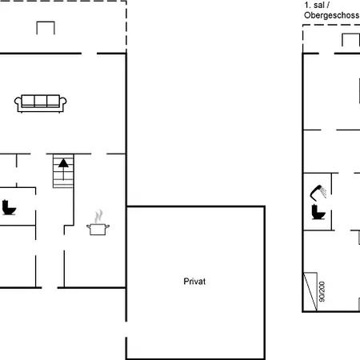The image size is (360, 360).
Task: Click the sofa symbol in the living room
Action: (41, 103)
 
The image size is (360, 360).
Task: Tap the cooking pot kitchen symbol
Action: (98, 230)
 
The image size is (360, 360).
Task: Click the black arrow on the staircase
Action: (63, 169)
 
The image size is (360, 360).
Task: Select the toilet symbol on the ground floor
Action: (9, 207)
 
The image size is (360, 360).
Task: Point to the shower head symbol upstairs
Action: (318, 193)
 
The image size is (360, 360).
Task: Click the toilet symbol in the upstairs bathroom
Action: (318, 212)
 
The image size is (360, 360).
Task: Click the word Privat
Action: (194, 282)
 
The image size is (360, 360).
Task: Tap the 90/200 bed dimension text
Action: (322, 291)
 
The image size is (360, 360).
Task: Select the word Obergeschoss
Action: (331, 15)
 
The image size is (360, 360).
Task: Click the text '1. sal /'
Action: (317, 5)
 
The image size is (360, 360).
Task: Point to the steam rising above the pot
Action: (98, 216)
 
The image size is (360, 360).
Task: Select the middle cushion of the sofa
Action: (41, 101)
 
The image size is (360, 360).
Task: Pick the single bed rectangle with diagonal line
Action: (310, 292)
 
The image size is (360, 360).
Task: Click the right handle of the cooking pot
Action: (107, 226)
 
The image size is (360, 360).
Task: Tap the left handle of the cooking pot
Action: (88, 226)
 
